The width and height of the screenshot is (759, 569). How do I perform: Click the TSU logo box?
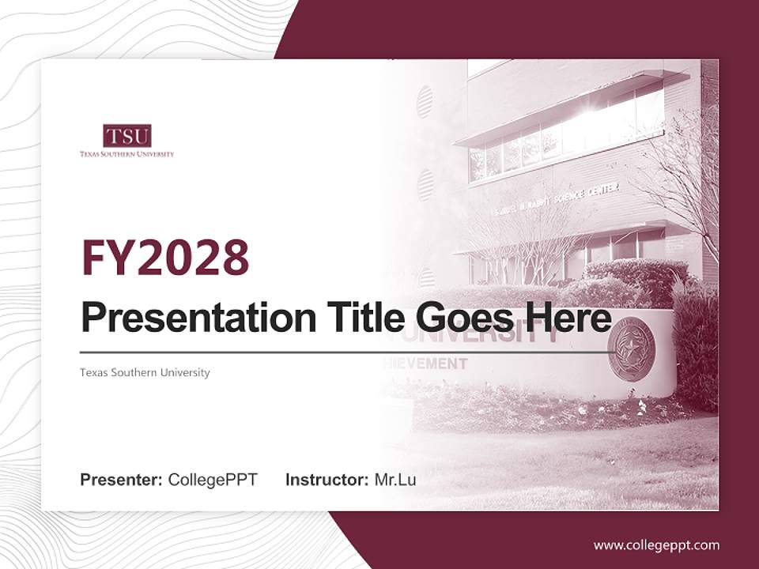[126, 136]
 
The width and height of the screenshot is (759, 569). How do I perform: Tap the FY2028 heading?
[165, 257]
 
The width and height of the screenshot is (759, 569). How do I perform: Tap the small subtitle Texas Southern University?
[145, 372]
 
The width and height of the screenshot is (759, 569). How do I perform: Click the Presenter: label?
[122, 479]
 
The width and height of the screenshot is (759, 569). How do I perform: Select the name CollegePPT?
[213, 479]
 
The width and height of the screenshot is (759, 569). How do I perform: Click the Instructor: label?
[327, 479]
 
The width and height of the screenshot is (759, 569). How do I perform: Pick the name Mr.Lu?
[395, 479]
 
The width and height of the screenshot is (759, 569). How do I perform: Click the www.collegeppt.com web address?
[656, 545]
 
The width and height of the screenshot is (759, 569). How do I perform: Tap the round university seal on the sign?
[631, 349]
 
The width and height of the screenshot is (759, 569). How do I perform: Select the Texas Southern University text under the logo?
[126, 154]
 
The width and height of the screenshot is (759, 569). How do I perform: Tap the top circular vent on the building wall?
[425, 102]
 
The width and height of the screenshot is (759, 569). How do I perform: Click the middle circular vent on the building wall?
[425, 184]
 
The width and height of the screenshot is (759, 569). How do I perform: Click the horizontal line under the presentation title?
[340, 352]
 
